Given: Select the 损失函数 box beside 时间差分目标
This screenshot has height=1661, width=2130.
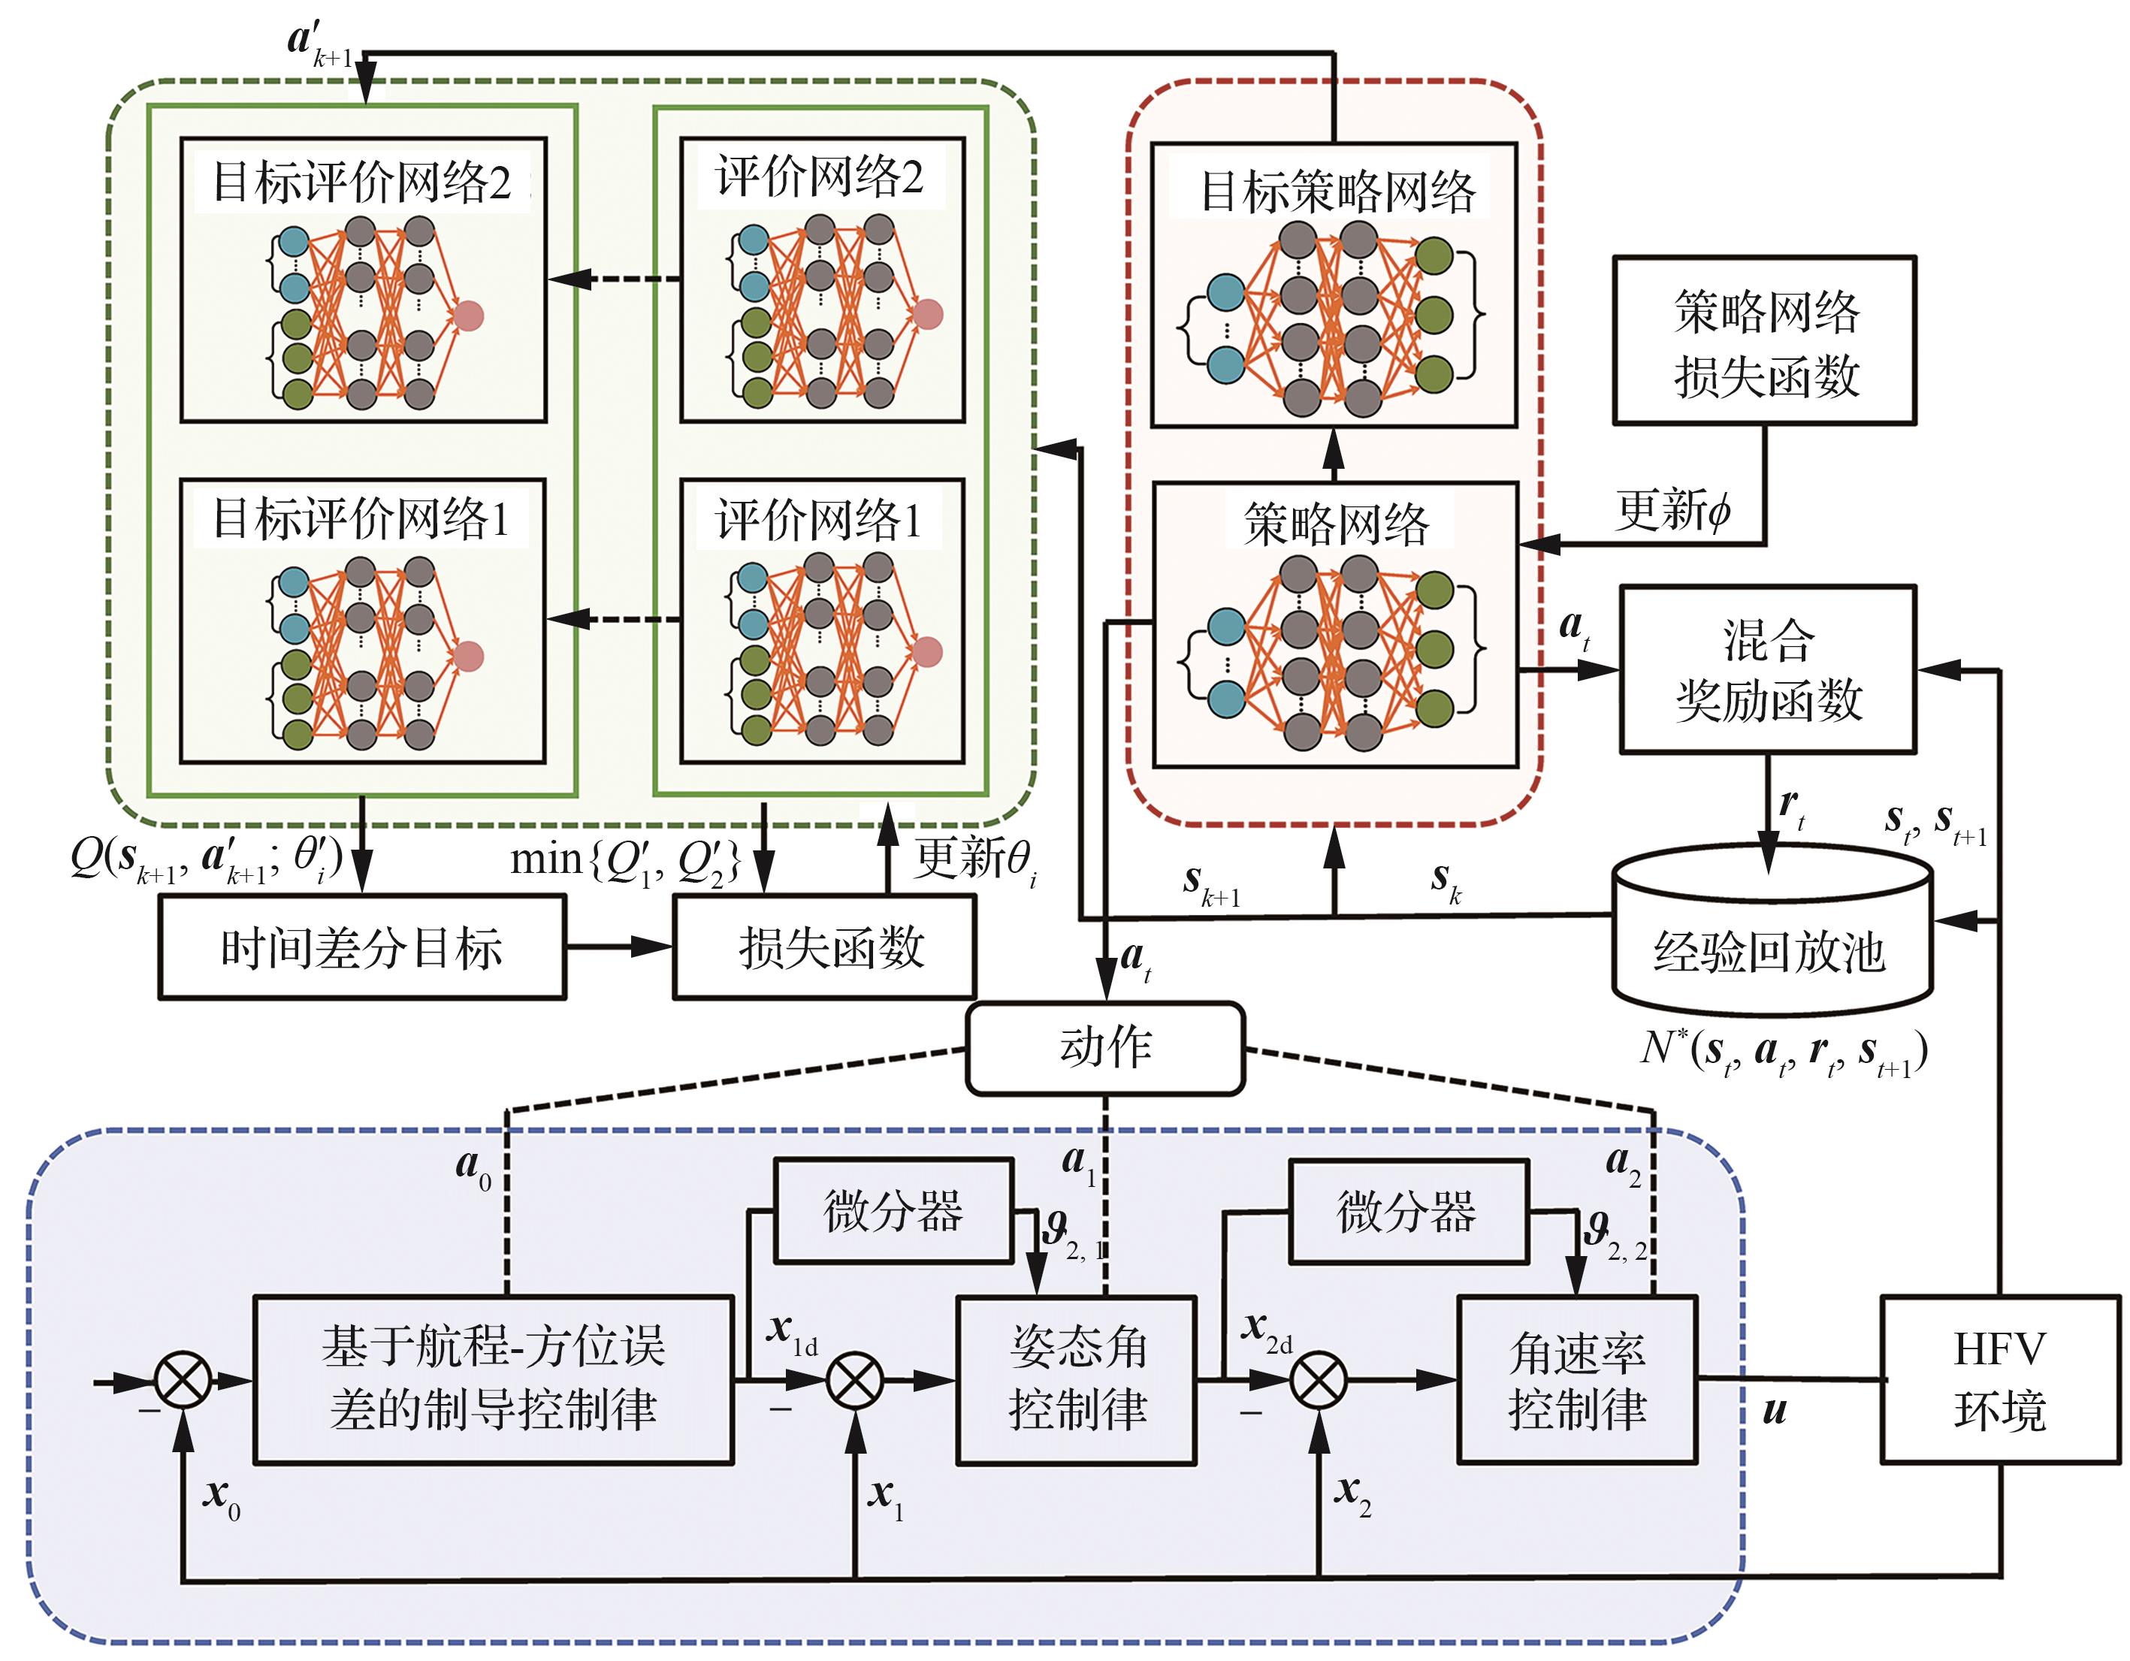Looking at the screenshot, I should coord(824,947).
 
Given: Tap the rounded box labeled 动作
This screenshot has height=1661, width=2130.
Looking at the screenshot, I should coord(1105,1049).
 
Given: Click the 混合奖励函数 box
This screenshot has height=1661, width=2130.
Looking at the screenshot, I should coord(1767,669).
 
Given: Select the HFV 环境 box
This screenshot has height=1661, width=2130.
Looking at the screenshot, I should coord(1999,1379).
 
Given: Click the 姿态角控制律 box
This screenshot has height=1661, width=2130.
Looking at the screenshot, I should coord(1077,1379).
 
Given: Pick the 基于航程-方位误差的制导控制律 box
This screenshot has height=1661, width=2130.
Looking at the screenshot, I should coord(494,1379).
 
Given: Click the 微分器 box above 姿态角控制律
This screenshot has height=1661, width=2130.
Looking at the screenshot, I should coord(893,1211).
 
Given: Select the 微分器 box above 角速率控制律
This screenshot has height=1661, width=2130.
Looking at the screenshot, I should coord(1408,1211).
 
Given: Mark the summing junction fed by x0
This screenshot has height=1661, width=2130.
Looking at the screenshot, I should coord(183,1380).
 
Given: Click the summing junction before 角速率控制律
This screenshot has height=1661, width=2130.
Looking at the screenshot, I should coord(1319,1380).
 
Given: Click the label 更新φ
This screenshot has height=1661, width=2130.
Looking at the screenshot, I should coord(1672,509).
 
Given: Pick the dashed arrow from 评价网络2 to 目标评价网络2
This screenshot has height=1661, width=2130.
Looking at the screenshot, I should coord(615,279).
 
